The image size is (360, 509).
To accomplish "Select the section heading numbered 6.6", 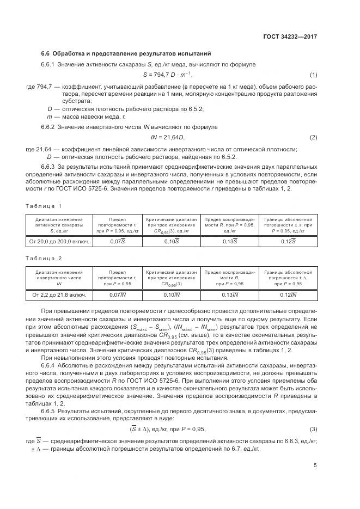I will (x=126, y=53).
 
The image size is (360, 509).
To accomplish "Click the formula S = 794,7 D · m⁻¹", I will (x=168, y=75).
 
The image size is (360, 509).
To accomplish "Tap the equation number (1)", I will (x=313, y=75).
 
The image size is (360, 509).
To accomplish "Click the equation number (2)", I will (x=313, y=137).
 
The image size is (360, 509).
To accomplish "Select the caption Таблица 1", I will (x=44, y=206).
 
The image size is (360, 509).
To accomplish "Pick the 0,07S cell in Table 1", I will (x=117, y=241).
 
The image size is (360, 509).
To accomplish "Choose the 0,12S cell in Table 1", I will (x=288, y=241).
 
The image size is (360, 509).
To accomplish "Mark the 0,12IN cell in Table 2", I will (x=288, y=295).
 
